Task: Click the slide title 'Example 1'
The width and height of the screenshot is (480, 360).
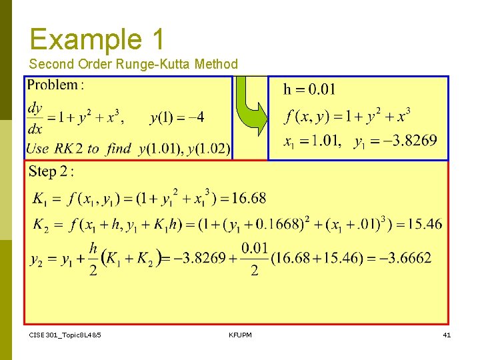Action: (x=97, y=39)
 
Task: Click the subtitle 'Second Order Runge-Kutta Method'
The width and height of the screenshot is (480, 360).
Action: (x=133, y=64)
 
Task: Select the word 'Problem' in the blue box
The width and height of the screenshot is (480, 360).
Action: (x=53, y=85)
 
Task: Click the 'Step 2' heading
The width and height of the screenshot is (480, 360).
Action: (x=51, y=171)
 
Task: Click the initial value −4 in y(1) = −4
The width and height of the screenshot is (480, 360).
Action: (x=196, y=118)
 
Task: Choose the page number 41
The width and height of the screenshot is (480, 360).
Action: (x=447, y=334)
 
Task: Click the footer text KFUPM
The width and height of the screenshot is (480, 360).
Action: (x=240, y=334)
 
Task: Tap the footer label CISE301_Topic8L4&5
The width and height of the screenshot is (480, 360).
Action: (x=65, y=334)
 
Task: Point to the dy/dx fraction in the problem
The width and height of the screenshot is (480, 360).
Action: (x=34, y=117)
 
